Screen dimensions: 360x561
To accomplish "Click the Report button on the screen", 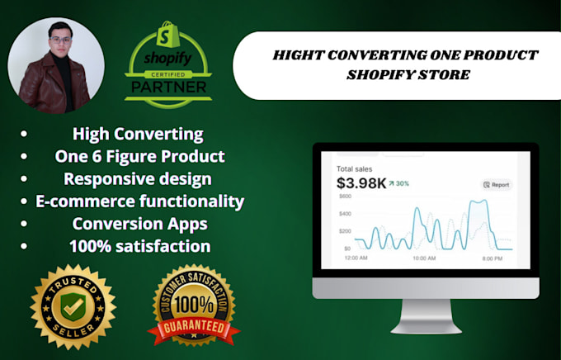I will pos(496,185).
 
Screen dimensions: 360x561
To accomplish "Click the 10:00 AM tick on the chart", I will pos(424,258).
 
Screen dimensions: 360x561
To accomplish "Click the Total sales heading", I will pos(356,168).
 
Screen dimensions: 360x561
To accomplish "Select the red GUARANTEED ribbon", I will pos(194,328).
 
